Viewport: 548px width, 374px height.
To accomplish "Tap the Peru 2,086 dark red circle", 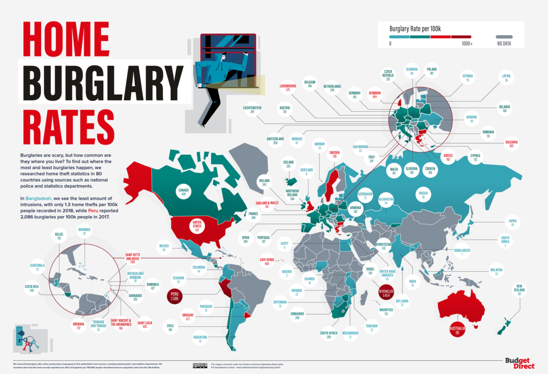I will (174, 296).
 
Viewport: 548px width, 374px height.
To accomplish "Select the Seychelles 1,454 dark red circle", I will (386, 293).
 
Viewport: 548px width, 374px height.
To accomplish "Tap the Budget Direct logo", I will (519, 363).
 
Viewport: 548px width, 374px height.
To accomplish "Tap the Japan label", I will (511, 223).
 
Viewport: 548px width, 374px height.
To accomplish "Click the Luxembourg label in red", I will (288, 88).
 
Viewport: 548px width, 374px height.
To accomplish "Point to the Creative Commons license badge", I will (200, 365).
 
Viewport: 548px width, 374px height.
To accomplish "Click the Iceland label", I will (288, 164).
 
